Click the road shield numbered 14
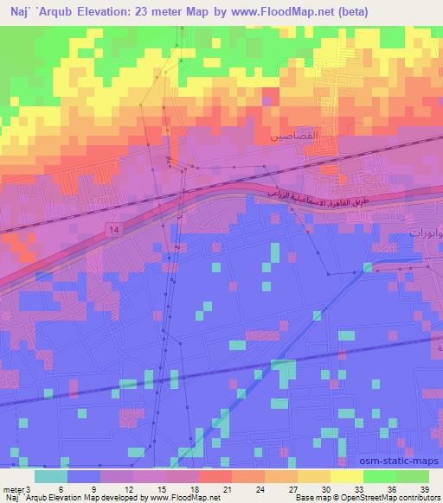click(114, 228)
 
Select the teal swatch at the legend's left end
click(51, 476)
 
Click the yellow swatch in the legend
click(347, 476)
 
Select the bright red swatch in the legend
click(215, 476)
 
